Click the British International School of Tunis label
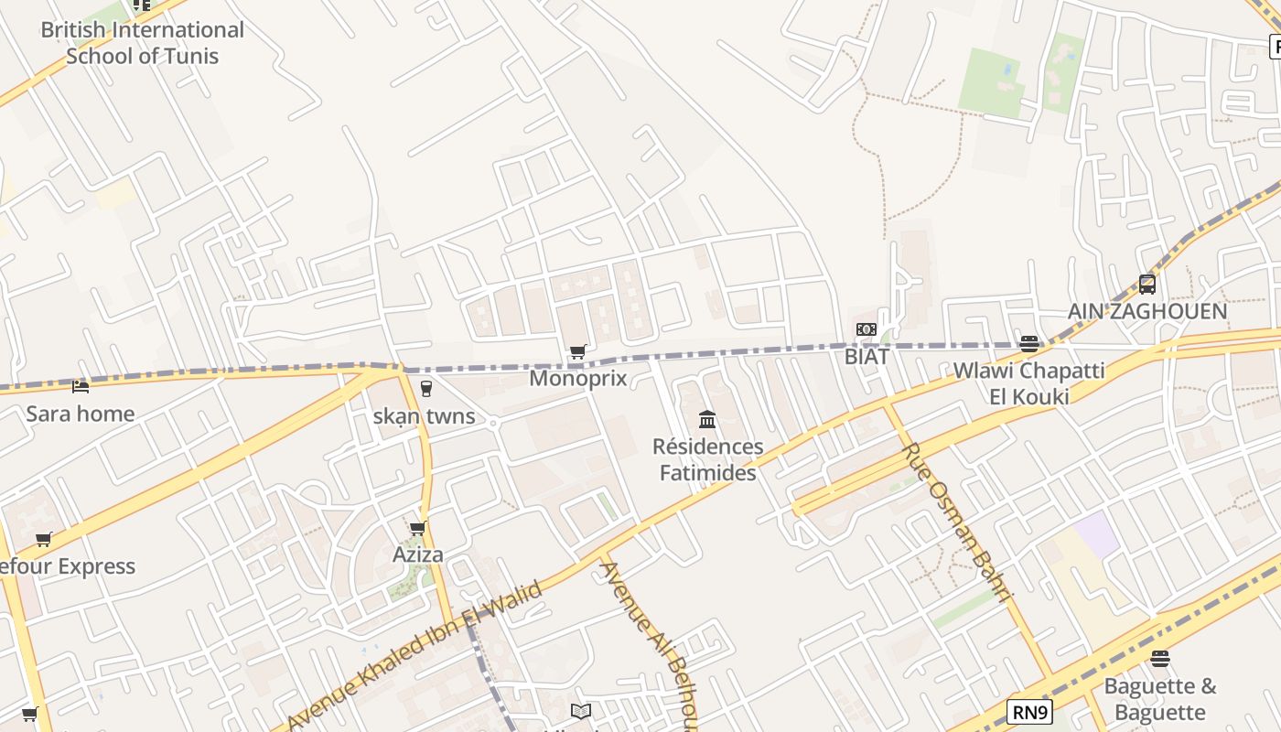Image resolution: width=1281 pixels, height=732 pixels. (x=142, y=42)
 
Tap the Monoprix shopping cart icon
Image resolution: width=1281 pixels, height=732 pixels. (x=577, y=352)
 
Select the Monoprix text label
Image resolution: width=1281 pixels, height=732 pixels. (x=578, y=378)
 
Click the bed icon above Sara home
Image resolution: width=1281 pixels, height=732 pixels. (x=81, y=387)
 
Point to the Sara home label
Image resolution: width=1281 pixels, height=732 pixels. (x=81, y=414)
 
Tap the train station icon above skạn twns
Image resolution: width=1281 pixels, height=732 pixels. (x=425, y=389)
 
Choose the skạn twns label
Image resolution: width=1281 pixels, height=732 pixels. (x=425, y=416)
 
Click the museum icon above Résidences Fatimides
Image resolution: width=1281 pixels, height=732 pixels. (x=707, y=420)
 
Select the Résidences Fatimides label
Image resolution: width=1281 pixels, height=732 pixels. (x=708, y=459)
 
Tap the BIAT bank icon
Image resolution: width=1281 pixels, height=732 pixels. (x=866, y=329)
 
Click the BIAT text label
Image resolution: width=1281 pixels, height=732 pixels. (x=867, y=356)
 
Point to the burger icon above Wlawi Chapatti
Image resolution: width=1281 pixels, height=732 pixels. (x=1029, y=344)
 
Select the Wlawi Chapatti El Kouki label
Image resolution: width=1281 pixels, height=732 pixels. (x=1029, y=383)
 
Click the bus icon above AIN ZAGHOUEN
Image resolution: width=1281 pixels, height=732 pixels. (x=1147, y=285)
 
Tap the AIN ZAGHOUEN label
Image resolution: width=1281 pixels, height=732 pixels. (x=1147, y=311)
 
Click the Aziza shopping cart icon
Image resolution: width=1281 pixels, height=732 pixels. (x=418, y=528)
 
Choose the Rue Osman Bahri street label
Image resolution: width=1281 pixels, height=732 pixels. (x=957, y=522)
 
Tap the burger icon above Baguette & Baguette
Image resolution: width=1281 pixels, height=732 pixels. (x=1160, y=659)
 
